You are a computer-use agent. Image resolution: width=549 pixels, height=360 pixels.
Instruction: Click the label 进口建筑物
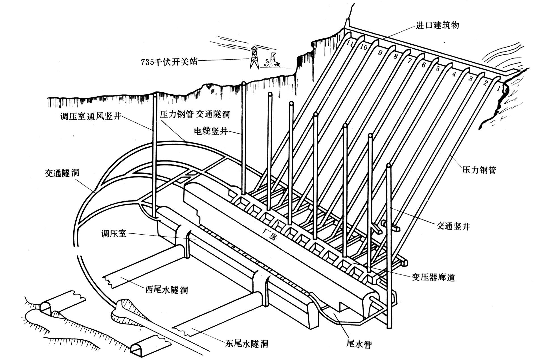click(x=437, y=25)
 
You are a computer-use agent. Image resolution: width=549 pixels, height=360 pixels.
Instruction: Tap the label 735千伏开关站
click(x=169, y=62)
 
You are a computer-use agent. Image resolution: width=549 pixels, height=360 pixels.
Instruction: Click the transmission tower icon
click(x=254, y=58)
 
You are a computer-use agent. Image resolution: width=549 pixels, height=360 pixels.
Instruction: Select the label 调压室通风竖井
click(x=91, y=116)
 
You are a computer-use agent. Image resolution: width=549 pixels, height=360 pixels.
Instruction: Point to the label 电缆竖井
click(x=211, y=131)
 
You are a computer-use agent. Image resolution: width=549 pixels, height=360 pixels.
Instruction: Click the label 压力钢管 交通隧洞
click(x=195, y=114)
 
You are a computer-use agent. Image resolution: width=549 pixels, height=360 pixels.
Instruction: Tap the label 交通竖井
click(x=453, y=226)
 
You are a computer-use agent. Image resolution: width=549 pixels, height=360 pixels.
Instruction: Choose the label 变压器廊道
click(x=433, y=277)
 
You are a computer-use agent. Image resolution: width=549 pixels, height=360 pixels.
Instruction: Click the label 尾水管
click(x=359, y=344)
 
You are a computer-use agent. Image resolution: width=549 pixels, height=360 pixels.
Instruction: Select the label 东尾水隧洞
click(x=247, y=344)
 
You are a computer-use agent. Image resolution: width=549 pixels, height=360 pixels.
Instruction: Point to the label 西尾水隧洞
click(x=166, y=290)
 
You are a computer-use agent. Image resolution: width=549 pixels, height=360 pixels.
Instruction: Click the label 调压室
click(x=114, y=234)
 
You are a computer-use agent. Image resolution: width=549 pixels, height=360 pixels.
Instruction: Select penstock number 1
click(x=499, y=89)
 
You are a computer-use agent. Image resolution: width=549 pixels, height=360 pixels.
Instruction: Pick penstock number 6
click(x=423, y=65)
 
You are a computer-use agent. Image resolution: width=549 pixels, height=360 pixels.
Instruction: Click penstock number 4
click(x=454, y=74)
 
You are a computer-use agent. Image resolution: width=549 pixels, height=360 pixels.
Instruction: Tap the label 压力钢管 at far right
click(x=479, y=170)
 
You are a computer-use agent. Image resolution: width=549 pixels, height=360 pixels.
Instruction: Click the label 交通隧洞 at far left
click(x=62, y=173)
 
